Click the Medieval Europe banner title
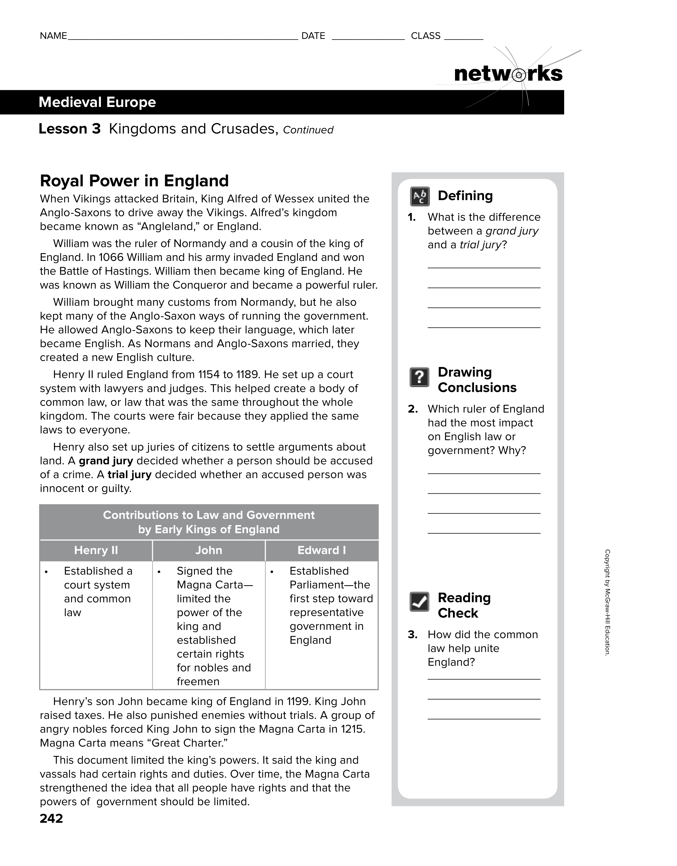click(x=97, y=102)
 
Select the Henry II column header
click(x=96, y=550)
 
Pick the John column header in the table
click(x=209, y=550)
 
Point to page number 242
click(x=51, y=819)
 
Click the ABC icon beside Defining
click(x=419, y=196)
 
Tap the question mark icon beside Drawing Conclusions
click(x=419, y=377)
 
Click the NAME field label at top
click(x=53, y=36)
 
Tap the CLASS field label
click(x=426, y=36)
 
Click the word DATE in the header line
click(x=313, y=36)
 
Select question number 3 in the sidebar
click(x=413, y=635)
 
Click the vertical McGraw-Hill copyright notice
click(x=607, y=603)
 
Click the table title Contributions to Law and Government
click(x=209, y=515)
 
